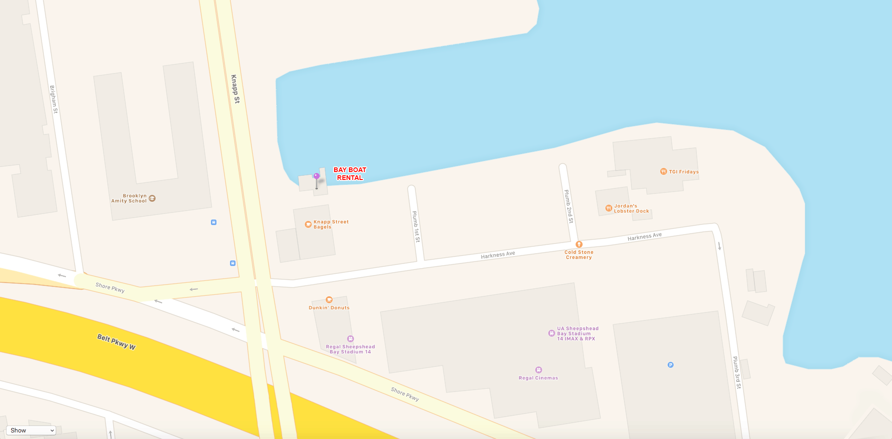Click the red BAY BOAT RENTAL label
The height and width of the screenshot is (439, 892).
[x=350, y=173]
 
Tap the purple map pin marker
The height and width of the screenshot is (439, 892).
[x=316, y=177]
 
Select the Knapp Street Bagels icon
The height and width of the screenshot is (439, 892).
[x=308, y=225]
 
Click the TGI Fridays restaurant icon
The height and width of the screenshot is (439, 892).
[x=663, y=172]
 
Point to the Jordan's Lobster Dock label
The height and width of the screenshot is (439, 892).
[x=631, y=208]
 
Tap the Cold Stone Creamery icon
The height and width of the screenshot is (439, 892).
[x=579, y=244]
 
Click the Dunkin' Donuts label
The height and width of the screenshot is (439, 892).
[x=329, y=308]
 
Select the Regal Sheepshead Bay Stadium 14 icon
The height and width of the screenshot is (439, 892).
[x=350, y=339]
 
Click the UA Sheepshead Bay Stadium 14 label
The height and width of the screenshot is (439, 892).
[x=577, y=333]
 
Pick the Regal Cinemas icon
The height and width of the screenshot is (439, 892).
[x=538, y=370]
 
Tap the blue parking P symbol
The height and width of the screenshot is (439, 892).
[x=670, y=365]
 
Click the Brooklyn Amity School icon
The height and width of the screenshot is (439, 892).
[x=152, y=199]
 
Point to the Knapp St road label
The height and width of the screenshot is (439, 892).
[x=236, y=89]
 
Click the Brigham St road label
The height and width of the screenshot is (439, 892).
[x=54, y=99]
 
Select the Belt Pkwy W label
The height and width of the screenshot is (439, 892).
[x=116, y=342]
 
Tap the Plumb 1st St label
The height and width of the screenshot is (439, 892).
[x=416, y=226]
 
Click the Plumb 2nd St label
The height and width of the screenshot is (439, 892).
[x=569, y=206]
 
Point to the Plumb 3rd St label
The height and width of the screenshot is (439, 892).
[x=737, y=372]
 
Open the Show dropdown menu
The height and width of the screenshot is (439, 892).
[x=31, y=431]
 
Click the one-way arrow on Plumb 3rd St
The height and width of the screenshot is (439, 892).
[x=719, y=246]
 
